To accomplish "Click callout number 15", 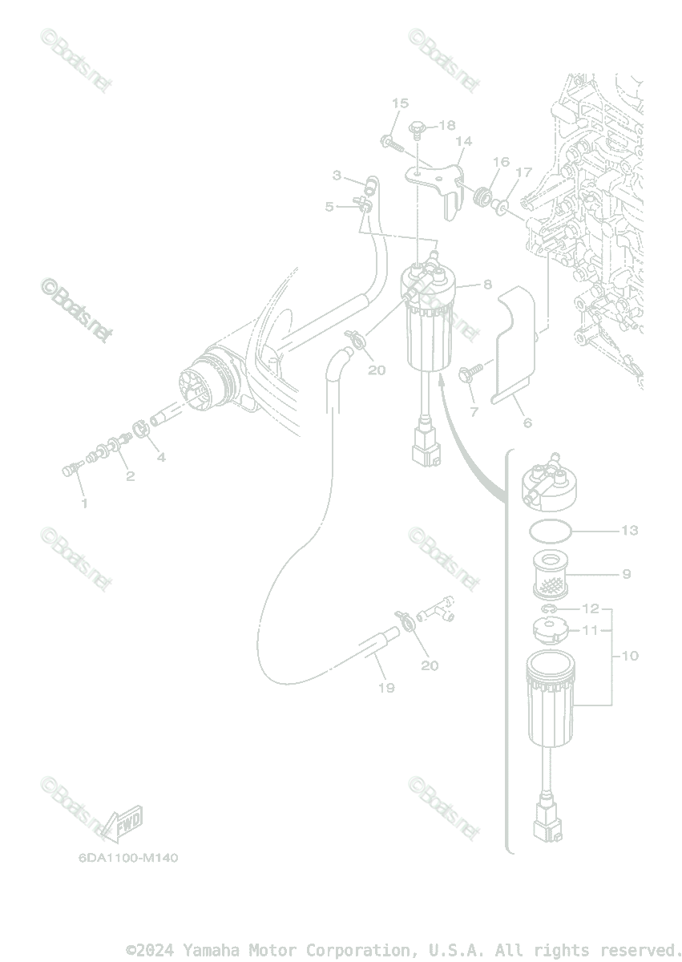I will [x=400, y=103].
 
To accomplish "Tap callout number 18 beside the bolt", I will [x=446, y=125].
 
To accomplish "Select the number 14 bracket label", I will [x=463, y=142].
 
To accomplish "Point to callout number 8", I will [x=487, y=284].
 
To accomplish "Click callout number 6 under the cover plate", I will [x=527, y=422].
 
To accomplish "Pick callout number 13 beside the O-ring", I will [x=629, y=531].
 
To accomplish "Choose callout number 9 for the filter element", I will [x=626, y=574].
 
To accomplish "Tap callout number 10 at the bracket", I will [x=629, y=656].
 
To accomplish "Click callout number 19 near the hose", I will [x=386, y=687].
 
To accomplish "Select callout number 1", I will [x=83, y=503].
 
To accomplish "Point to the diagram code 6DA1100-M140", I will [x=128, y=858].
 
